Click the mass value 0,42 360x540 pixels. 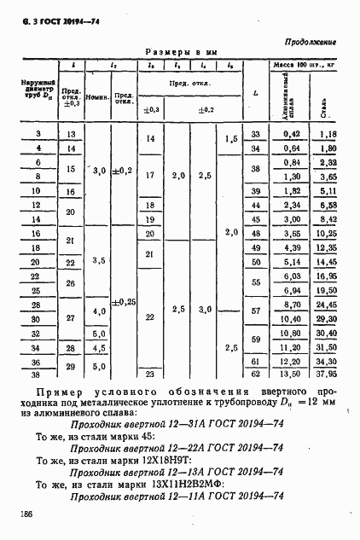click(x=292, y=134)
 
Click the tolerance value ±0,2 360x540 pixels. click(x=125, y=171)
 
